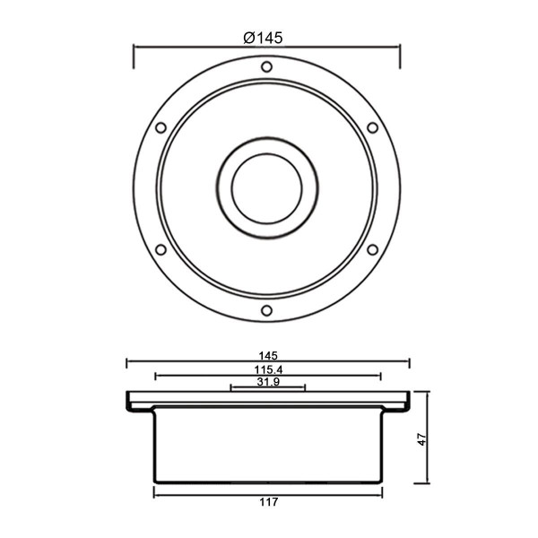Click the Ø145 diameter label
point(263,38)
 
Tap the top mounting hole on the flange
point(266,66)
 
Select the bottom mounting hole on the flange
point(266,310)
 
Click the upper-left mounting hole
point(161,127)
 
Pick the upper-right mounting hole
point(373,127)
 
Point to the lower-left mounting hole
point(161,249)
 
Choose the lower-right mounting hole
point(373,249)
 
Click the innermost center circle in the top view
point(267,153)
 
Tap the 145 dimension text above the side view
point(268,356)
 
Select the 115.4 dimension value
point(268,369)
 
